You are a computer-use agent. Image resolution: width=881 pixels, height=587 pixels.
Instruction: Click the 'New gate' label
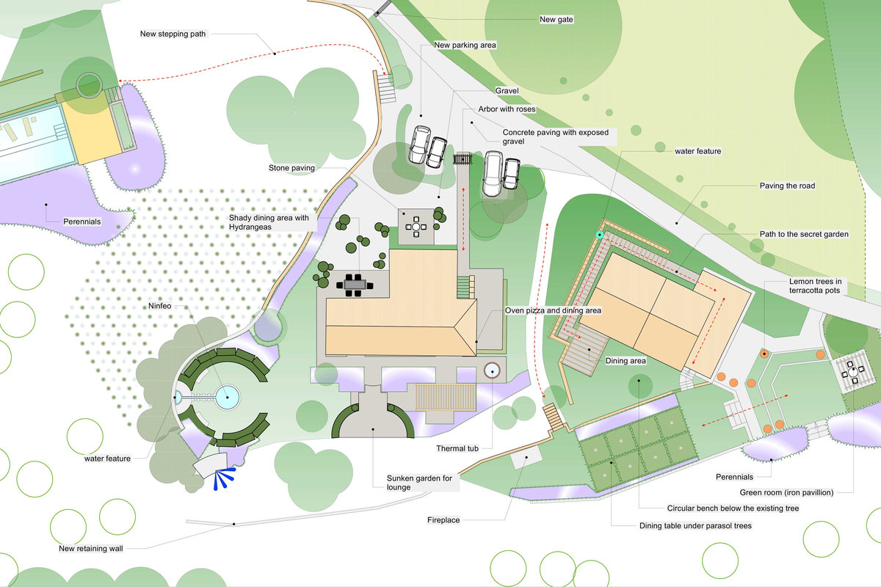pos(556,20)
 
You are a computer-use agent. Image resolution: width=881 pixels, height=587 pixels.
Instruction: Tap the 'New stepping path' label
pos(173,33)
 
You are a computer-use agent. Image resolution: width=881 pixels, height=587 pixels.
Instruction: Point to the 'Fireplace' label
pos(443,520)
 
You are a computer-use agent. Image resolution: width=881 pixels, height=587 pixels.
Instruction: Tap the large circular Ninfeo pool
pos(228,397)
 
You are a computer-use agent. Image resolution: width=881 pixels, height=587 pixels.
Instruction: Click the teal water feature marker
pos(600,235)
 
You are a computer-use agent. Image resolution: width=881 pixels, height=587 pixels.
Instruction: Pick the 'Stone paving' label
pos(292,168)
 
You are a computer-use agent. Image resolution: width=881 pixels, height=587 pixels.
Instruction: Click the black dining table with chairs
pos(354,283)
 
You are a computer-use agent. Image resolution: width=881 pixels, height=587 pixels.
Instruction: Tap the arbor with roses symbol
pos(463,158)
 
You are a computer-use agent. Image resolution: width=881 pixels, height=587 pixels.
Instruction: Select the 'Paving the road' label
pos(787,186)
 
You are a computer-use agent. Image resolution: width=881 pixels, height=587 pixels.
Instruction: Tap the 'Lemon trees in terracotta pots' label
pos(819,286)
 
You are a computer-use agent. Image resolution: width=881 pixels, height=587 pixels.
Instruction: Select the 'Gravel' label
pos(507,90)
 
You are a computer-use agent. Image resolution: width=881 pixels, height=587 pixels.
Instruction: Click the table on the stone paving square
pos(416,227)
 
